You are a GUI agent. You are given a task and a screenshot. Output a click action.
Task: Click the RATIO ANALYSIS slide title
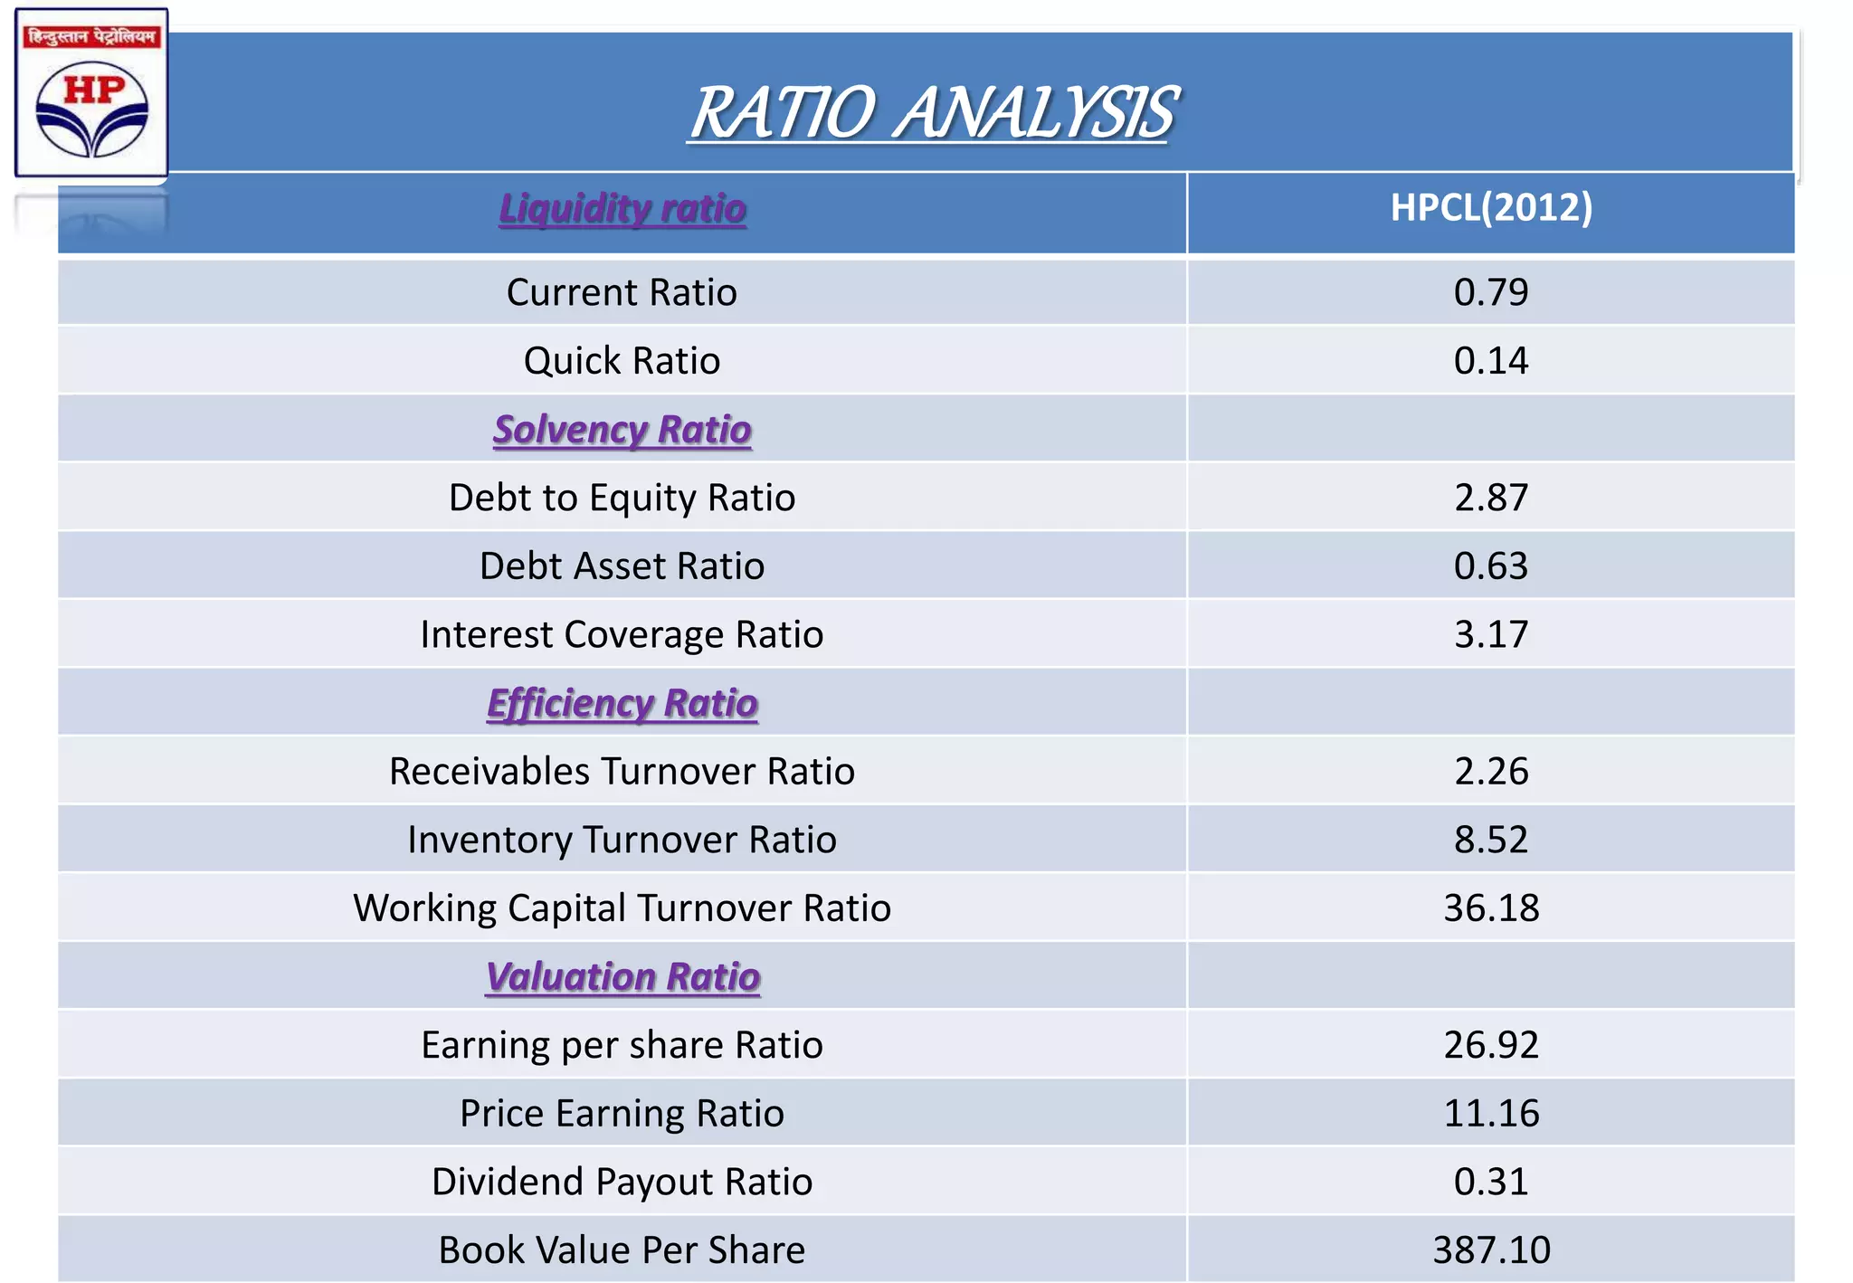(932, 113)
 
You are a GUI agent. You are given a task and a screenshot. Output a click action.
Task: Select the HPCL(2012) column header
(1490, 207)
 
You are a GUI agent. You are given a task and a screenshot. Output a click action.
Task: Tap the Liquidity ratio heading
(622, 208)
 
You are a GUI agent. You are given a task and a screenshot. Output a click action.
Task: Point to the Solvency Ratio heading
(622, 429)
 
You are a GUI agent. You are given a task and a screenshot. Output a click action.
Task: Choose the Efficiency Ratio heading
(622, 703)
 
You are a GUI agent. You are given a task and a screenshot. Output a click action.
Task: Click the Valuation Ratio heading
(622, 976)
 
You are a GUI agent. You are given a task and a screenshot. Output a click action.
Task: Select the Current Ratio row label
(622, 292)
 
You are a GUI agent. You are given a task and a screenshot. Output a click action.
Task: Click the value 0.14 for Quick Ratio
(1490, 360)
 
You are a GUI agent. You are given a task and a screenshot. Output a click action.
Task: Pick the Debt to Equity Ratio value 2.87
(1490, 498)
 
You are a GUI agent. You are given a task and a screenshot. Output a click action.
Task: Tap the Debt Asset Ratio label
(622, 565)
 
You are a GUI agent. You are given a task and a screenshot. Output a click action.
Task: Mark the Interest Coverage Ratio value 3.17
(1490, 634)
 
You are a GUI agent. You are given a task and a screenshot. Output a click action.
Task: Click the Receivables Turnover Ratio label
(622, 771)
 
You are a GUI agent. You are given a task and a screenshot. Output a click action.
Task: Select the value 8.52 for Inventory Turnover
(1490, 840)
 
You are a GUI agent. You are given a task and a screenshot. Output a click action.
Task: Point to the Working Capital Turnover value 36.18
(1490, 908)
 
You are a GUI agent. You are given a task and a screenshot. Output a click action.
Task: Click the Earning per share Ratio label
(622, 1045)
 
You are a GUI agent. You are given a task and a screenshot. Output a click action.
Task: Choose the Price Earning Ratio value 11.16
(1490, 1113)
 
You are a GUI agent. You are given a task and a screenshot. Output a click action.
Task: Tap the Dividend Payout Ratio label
(622, 1182)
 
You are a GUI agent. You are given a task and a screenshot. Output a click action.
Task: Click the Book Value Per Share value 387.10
(1490, 1250)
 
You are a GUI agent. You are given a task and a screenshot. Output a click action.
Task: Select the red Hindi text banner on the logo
(91, 37)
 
